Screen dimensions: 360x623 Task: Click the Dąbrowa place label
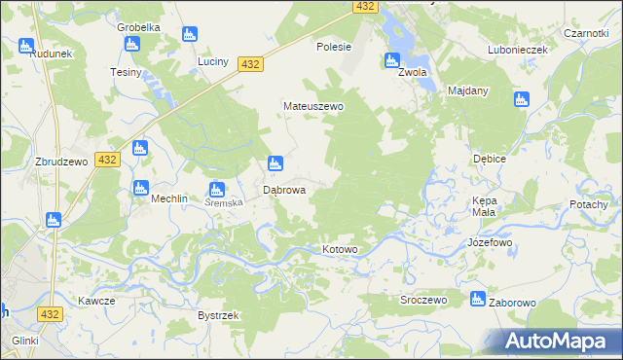pos(285,191)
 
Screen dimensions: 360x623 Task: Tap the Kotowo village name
pos(341,250)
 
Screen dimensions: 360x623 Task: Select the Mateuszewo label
pos(312,106)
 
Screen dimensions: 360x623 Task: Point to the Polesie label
pos(334,46)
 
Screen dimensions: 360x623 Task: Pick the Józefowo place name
pos(490,241)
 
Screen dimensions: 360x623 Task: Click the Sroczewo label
pos(423,301)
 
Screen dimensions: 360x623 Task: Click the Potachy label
pos(589,204)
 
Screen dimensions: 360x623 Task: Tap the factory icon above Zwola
pos(392,59)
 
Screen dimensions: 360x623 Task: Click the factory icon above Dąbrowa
pos(275,163)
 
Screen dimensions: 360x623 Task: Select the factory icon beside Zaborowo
pos(477,299)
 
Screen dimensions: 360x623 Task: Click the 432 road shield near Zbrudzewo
pos(107,160)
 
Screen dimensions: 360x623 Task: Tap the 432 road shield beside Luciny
pos(250,64)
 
